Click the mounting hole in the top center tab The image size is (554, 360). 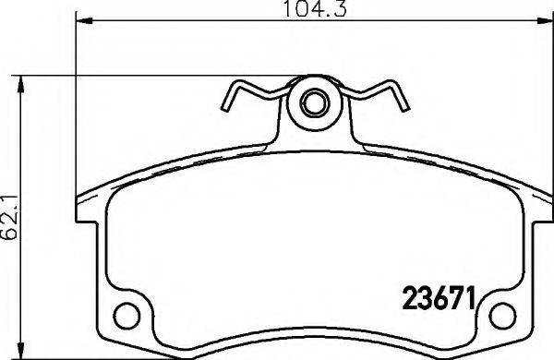click(x=313, y=102)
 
